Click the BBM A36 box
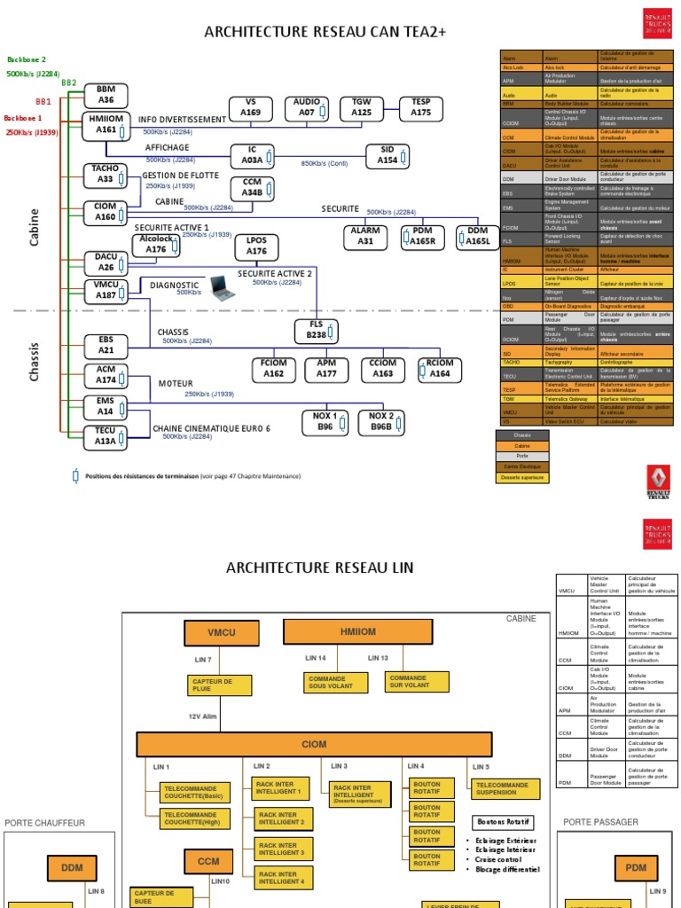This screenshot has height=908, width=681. point(106,95)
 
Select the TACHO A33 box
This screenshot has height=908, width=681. point(106,175)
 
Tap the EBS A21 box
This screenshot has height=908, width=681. point(106,346)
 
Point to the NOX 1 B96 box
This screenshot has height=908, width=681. point(325,422)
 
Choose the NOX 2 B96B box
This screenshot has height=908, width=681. point(381,422)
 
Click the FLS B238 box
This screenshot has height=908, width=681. point(317,331)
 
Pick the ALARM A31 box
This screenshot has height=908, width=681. point(365,237)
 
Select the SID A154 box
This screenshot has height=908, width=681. point(387,155)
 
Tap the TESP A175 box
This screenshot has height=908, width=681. point(420,108)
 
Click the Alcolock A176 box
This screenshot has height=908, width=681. point(157,245)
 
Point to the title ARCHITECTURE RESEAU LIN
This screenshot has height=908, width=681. point(319,567)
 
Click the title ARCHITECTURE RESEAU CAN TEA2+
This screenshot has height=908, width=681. point(325,32)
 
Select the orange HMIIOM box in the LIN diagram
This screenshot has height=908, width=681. point(352,632)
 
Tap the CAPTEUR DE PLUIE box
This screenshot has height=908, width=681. point(219,685)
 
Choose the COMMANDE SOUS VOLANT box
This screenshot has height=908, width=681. point(330,682)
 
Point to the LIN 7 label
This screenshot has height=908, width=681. point(203,660)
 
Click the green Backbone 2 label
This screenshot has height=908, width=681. point(27,59)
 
